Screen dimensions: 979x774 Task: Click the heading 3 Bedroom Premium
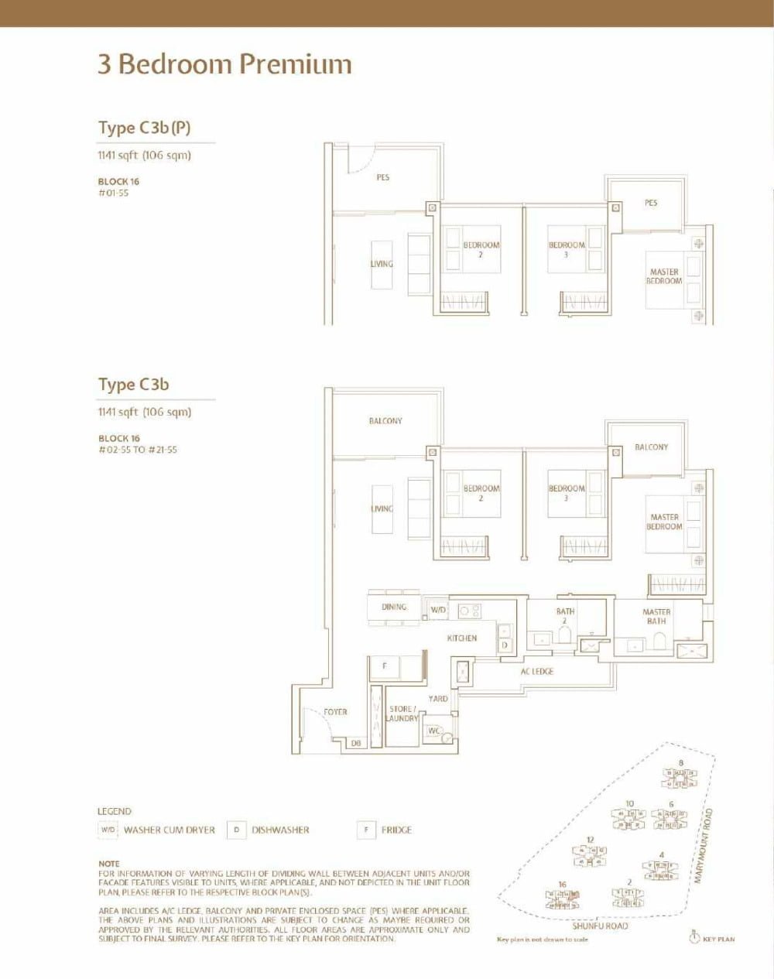click(x=224, y=64)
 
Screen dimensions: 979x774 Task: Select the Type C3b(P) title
click(x=144, y=128)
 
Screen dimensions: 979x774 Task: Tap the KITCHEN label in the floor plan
click(x=462, y=638)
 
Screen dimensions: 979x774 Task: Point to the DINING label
click(x=394, y=607)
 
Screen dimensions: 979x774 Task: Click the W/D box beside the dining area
click(x=438, y=610)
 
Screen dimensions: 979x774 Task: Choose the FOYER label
click(x=335, y=712)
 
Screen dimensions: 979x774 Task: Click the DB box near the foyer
click(x=356, y=744)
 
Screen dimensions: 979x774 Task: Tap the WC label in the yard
click(x=434, y=731)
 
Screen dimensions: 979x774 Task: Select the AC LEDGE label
click(x=537, y=672)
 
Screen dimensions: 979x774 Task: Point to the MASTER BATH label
click(x=656, y=616)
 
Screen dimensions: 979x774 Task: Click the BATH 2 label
click(x=565, y=615)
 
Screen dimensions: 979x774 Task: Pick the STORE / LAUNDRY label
click(x=402, y=714)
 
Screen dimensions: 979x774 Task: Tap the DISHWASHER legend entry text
click(x=280, y=830)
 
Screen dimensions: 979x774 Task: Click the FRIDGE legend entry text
click(x=396, y=830)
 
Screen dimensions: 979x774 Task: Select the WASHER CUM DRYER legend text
click(x=170, y=830)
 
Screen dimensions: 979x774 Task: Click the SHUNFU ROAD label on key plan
click(x=600, y=926)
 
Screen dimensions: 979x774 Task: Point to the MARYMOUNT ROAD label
click(x=708, y=844)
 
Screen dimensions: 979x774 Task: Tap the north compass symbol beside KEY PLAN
click(x=694, y=938)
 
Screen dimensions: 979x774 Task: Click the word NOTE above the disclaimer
click(x=109, y=863)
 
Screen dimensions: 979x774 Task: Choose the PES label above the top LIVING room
click(x=383, y=177)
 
